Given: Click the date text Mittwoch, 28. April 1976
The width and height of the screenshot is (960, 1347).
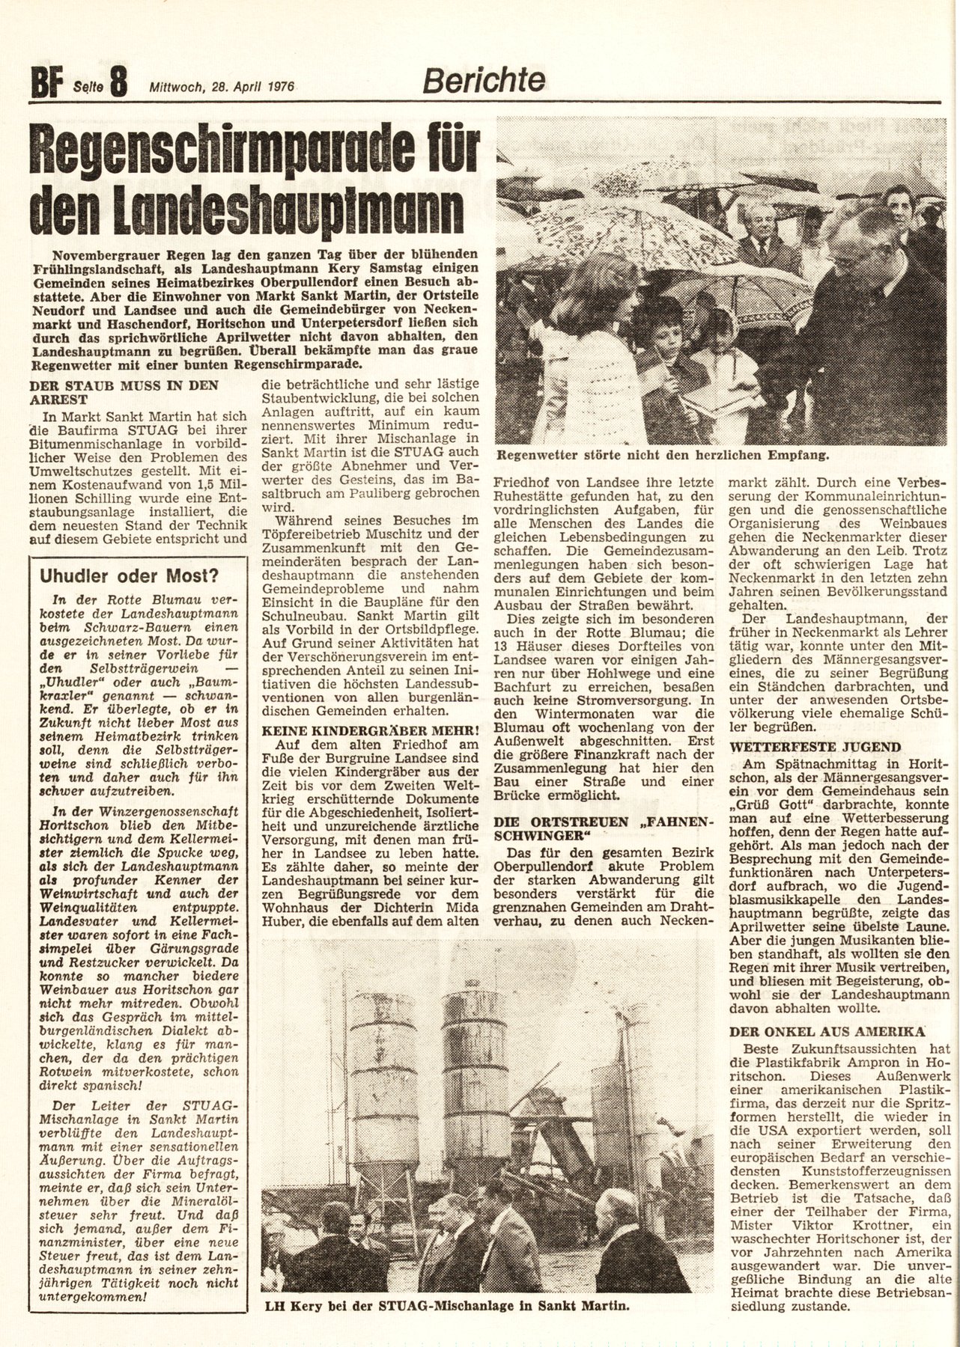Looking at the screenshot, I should point(222,86).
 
